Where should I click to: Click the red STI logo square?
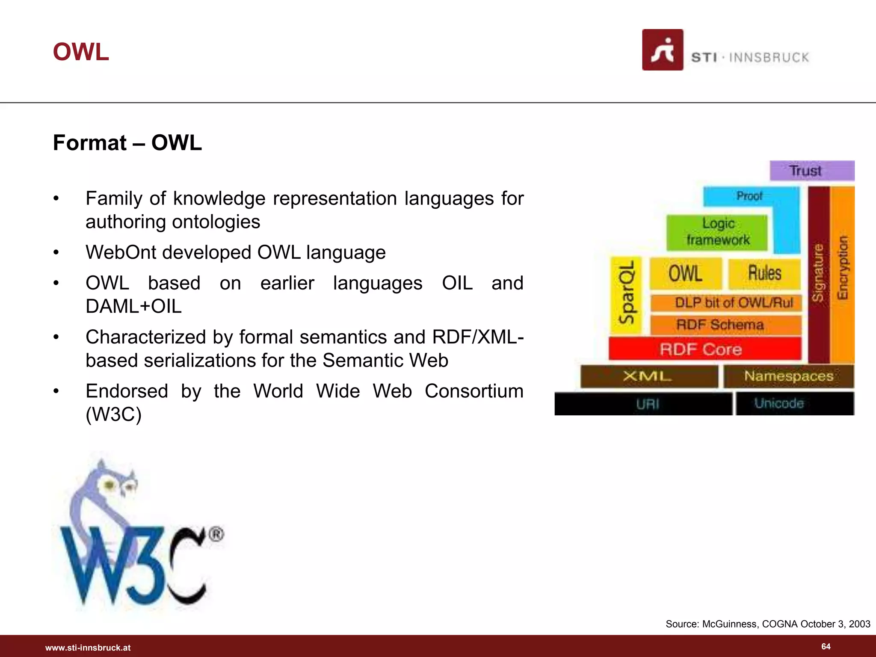click(663, 50)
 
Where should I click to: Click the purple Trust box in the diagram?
click(811, 171)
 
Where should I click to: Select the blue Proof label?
click(749, 196)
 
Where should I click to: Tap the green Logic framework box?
click(717, 232)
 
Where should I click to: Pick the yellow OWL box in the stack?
click(685, 274)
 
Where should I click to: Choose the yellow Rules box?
click(764, 274)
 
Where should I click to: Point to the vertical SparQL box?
click(626, 295)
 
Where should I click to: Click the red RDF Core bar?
click(704, 349)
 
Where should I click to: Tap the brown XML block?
click(648, 376)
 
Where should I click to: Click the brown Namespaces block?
click(788, 376)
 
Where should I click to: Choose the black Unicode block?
click(794, 403)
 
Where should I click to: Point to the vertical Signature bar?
click(819, 274)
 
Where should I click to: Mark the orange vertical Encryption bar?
click(842, 274)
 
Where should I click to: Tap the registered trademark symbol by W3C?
click(216, 535)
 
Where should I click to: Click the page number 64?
click(826, 646)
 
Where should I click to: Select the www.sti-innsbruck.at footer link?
click(88, 648)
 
